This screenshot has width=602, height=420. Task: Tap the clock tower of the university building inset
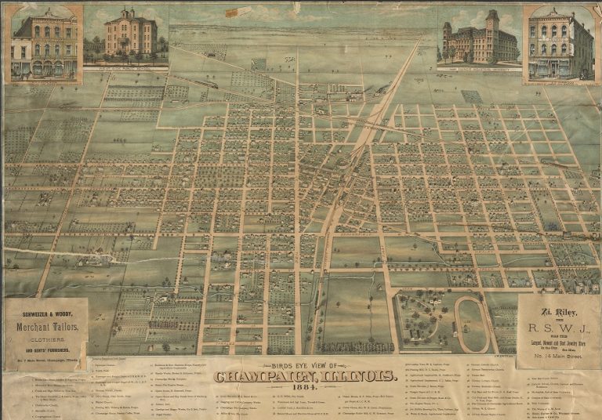pos(491,21)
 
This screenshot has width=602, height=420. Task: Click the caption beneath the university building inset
pos(479,68)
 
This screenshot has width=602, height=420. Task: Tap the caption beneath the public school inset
pos(125,68)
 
